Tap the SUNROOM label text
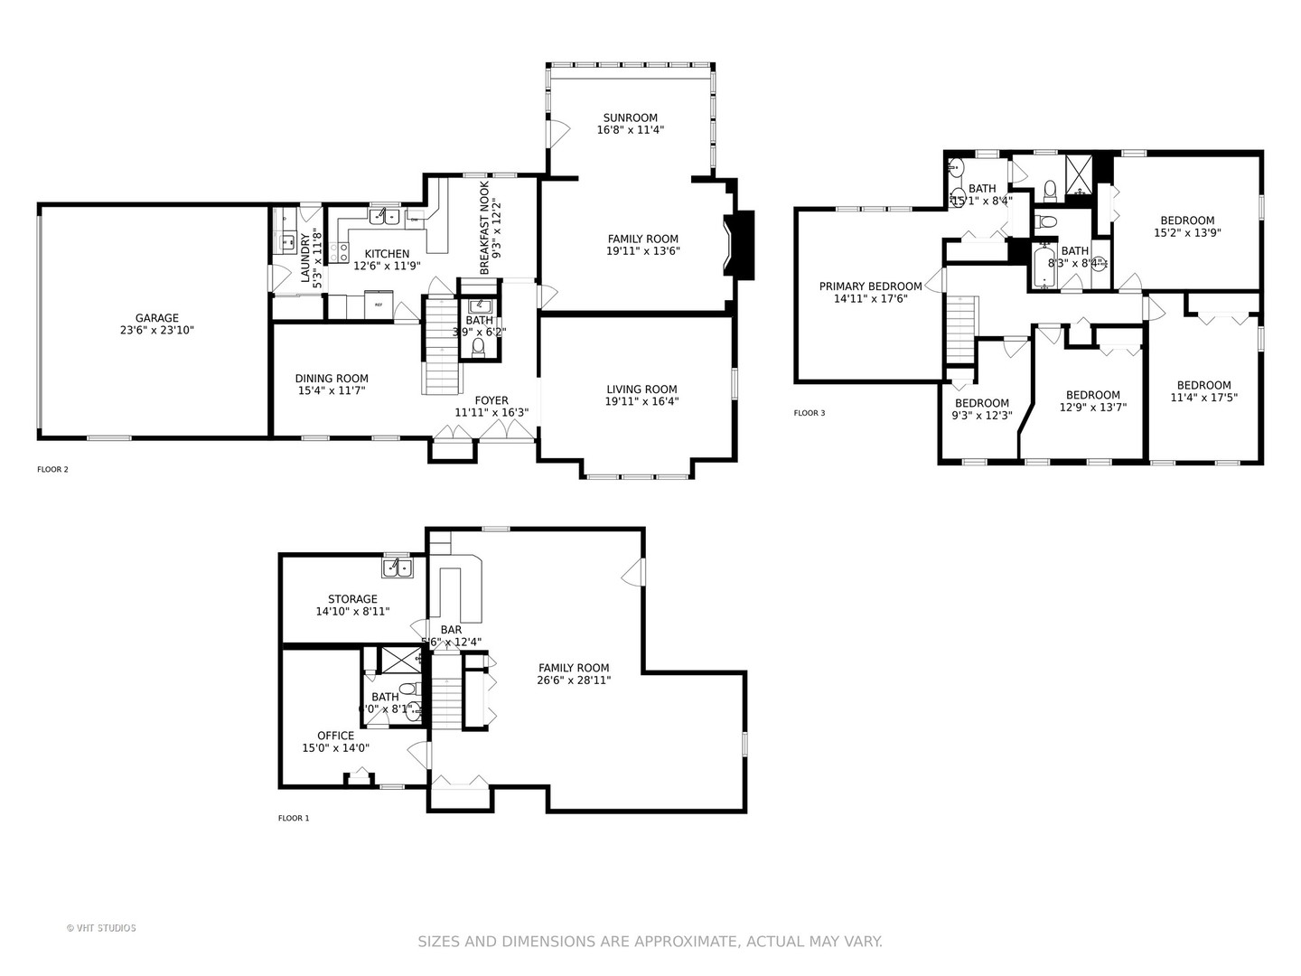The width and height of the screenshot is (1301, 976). point(631,117)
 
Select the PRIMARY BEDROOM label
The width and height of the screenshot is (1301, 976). point(870,286)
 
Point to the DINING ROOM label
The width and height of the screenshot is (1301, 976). point(332,379)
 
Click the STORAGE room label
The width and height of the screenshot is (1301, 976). point(352,599)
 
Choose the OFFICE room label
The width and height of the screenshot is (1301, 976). point(335,736)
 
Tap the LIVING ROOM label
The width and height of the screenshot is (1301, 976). point(641,389)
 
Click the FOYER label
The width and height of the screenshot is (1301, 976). point(491,400)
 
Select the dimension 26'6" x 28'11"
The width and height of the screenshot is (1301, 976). point(574,680)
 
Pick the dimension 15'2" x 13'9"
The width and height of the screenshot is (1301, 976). point(1187,232)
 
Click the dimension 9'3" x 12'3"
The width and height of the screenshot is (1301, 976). point(981,416)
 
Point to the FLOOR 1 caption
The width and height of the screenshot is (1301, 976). point(294,818)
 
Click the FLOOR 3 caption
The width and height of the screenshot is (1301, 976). point(810,413)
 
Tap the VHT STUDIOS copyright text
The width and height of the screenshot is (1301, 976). point(101,927)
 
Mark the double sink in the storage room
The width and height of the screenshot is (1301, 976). point(397,567)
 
